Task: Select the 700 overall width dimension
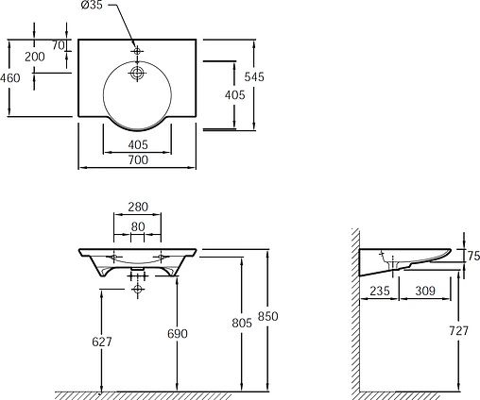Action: [137, 161]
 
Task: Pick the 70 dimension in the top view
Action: [58, 45]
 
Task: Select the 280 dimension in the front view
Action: [138, 207]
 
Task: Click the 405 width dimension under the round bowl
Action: [137, 143]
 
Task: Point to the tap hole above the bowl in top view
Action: [137, 48]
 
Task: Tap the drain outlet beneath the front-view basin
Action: [138, 281]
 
